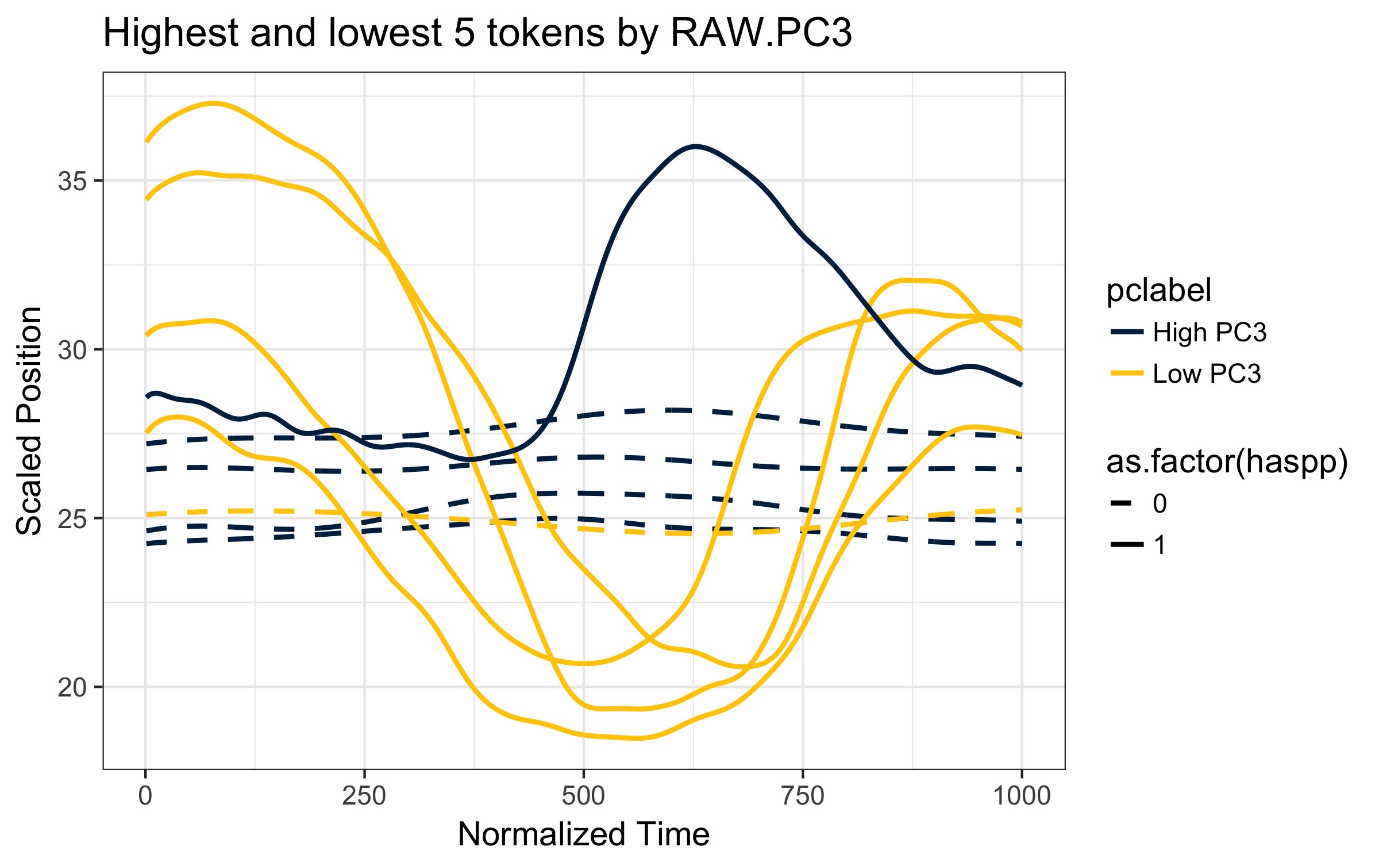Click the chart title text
click(x=477, y=33)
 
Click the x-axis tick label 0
click(x=145, y=796)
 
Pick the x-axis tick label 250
click(x=365, y=796)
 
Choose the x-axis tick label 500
click(x=583, y=796)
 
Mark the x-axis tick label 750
click(x=802, y=796)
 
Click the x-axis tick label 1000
click(x=1021, y=796)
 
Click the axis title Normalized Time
click(x=584, y=834)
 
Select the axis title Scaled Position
click(x=29, y=421)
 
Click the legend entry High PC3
click(x=1188, y=332)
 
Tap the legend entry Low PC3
click(x=1185, y=374)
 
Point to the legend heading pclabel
click(x=1159, y=290)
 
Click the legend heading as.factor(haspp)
click(x=1227, y=462)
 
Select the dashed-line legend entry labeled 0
click(x=1138, y=503)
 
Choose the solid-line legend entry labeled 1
click(x=1138, y=545)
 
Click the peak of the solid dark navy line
click(x=695, y=147)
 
